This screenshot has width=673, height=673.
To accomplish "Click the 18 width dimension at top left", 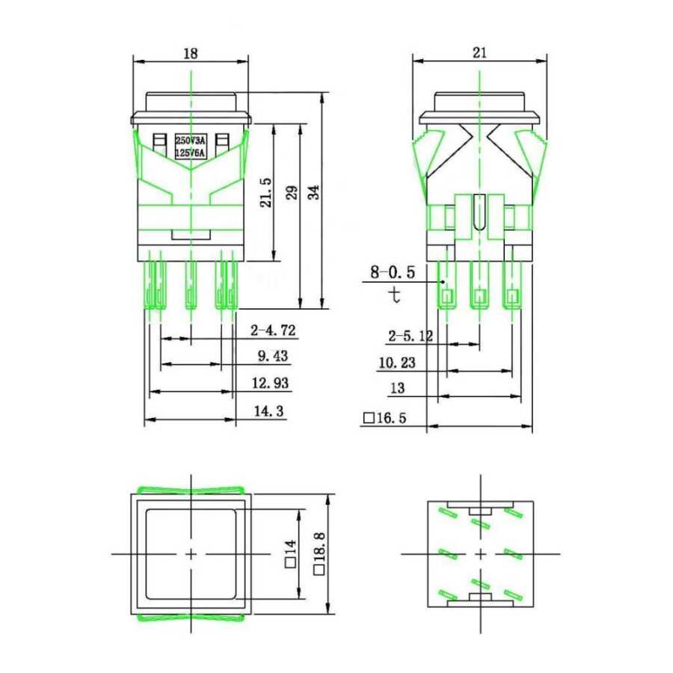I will [190, 53].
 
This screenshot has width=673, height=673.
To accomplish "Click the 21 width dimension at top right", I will [479, 52].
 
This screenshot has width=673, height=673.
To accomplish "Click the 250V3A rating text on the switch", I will [190, 141].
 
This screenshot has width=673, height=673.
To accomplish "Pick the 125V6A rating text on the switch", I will [190, 153].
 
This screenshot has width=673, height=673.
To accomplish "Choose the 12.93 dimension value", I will [271, 384].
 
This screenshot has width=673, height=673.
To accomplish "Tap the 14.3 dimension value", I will [270, 411].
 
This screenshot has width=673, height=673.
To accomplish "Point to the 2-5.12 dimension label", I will [410, 337].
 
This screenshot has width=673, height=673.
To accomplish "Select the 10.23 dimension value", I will [398, 363].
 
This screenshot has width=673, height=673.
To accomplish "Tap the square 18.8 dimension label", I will [320, 554].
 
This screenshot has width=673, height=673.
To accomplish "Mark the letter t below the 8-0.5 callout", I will [395, 295].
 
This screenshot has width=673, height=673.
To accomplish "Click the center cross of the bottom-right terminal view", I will [479, 553].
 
